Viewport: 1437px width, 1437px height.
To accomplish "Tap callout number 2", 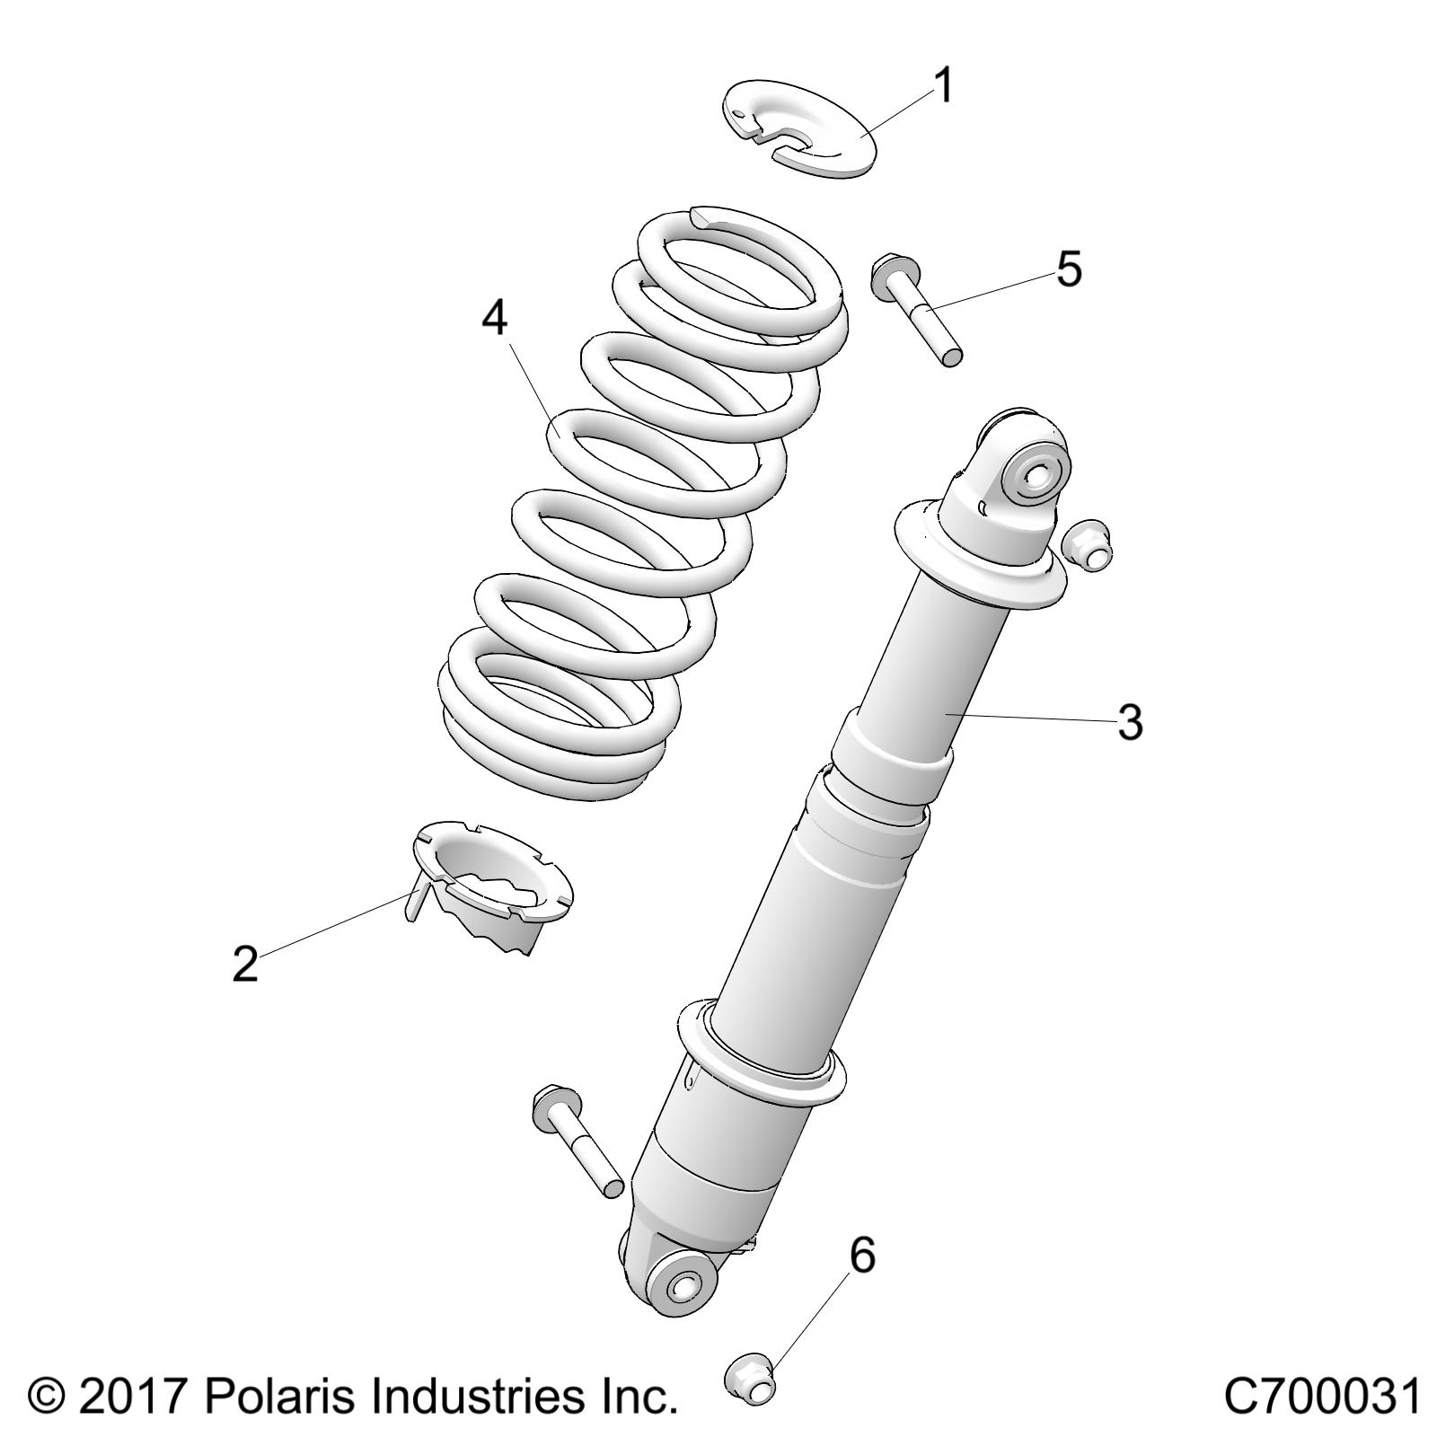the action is pyautogui.click(x=245, y=965).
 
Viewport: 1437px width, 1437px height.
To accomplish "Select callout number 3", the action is pyautogui.click(x=1130, y=723).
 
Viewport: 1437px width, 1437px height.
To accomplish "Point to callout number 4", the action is pyautogui.click(x=495, y=318).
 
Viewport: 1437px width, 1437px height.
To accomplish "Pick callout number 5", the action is pyautogui.click(x=1069, y=269).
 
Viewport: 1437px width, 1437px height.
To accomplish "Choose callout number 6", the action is pyautogui.click(x=861, y=1255).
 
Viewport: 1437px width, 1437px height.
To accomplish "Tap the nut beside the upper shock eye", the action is pyautogui.click(x=1086, y=544).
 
